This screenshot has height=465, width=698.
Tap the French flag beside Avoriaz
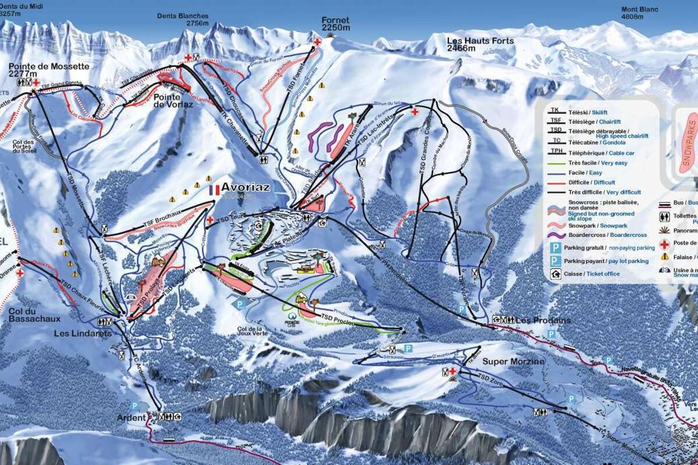click(214, 189)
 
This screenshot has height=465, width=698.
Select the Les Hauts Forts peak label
click(480, 44)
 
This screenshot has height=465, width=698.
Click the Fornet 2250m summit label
click(336, 24)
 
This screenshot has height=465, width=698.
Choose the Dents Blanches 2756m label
click(183, 20)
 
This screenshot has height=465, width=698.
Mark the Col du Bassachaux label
click(34, 314)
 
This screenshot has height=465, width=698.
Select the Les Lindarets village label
click(83, 333)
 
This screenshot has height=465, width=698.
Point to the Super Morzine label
click(513, 362)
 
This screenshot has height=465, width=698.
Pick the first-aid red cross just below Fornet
click(317, 42)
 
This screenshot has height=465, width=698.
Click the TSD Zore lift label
click(491, 378)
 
